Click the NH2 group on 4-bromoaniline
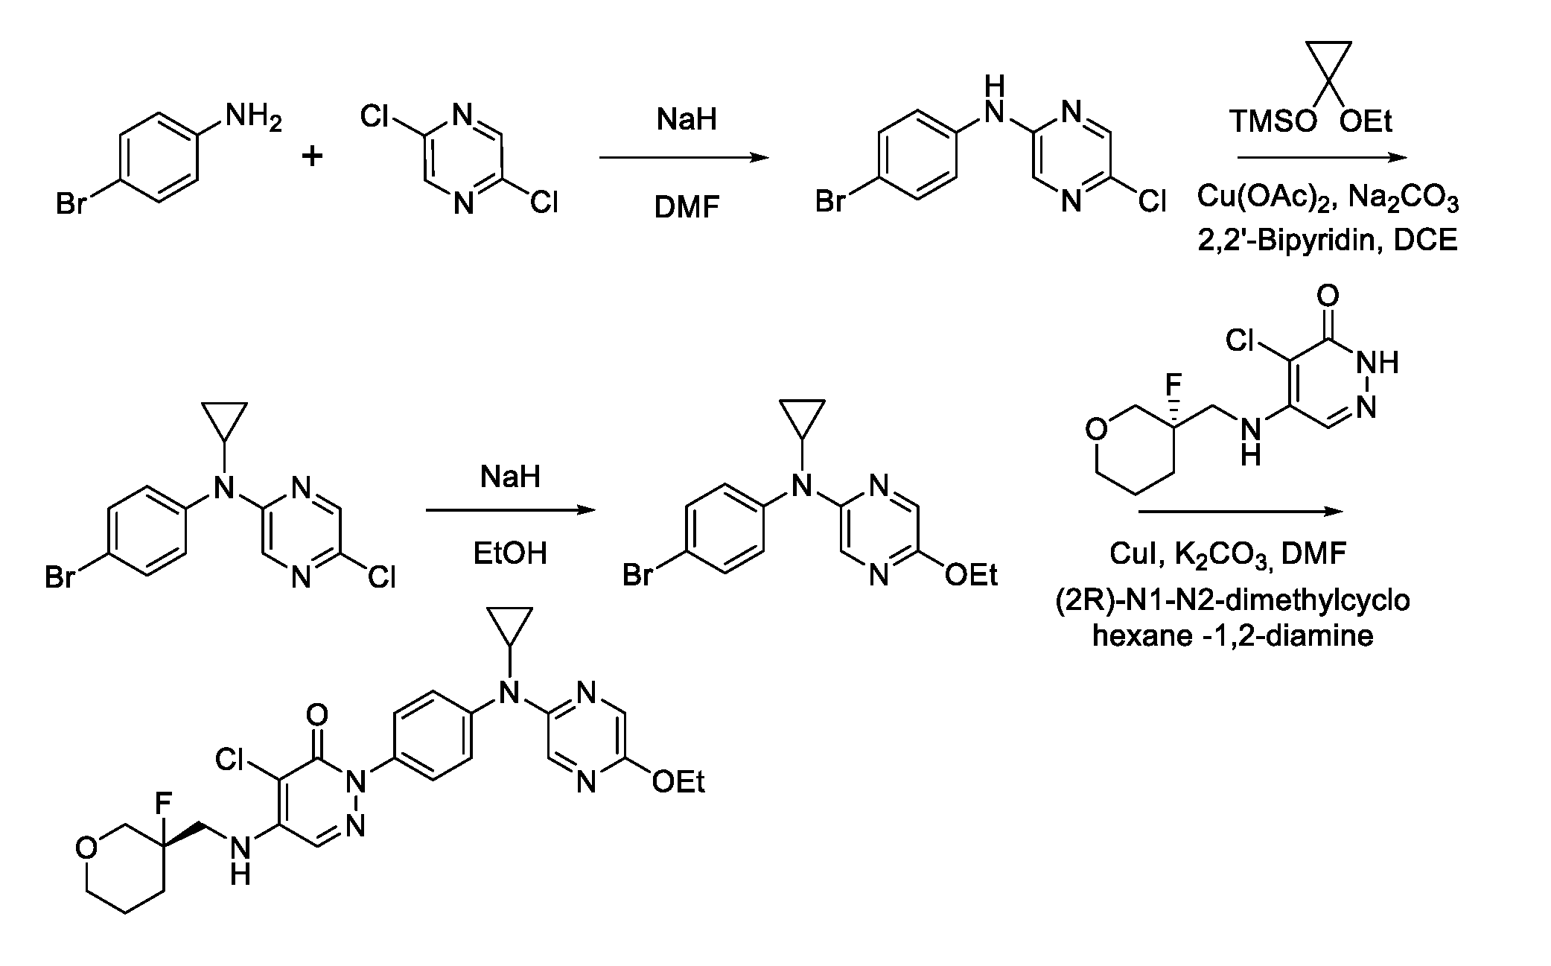[x=254, y=118]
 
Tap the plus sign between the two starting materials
[x=312, y=157]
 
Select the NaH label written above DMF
[x=687, y=119]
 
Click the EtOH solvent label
[x=510, y=553]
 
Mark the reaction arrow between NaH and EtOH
[x=511, y=510]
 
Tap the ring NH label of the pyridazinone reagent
[x=1378, y=363]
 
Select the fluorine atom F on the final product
[x=162, y=803]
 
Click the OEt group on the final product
[x=678, y=781]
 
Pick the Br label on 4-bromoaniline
[x=71, y=203]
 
